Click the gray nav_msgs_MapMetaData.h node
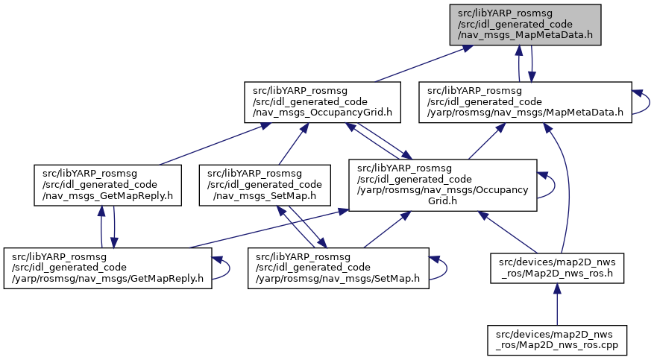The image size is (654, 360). point(525,25)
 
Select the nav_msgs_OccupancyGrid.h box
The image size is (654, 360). point(322,102)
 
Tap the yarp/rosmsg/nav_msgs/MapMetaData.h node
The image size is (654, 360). point(525,102)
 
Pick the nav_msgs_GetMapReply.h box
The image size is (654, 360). point(107,185)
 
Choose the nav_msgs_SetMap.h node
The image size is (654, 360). point(265,185)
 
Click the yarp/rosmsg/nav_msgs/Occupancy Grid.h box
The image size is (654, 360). point(442,185)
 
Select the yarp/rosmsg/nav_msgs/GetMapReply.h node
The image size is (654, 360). point(107,268)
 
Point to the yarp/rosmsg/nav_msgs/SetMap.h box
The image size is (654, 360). point(339,268)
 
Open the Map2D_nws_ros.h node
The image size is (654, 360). point(557,268)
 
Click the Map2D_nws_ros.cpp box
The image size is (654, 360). point(557,340)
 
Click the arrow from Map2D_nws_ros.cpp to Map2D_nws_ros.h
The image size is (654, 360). point(557,304)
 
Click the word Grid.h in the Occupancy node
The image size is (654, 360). point(442,200)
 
